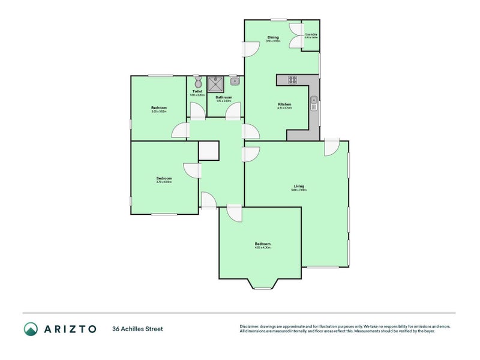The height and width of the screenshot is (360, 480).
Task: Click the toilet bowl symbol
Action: [x=197, y=83]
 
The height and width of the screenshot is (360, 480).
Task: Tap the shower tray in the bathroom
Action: [x=215, y=83]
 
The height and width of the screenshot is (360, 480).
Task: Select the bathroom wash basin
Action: [x=235, y=80]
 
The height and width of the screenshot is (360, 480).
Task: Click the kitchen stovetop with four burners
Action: [x=293, y=79]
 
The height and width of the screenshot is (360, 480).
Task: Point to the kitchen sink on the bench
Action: [x=313, y=103]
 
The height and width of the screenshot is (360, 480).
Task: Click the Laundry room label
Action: [x=311, y=34]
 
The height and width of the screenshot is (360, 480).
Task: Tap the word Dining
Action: [x=273, y=38]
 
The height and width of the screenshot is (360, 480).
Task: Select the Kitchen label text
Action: [x=284, y=104]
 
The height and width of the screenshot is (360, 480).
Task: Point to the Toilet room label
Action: [x=197, y=91]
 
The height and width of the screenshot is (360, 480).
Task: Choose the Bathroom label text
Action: [x=224, y=97]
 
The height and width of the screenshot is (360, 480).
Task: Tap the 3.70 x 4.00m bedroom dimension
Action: [x=164, y=182]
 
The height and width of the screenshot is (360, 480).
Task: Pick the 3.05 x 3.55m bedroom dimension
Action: [x=158, y=112]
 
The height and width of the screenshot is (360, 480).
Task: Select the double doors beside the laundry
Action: [x=295, y=36]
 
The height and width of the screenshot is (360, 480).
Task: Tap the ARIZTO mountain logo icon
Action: [x=31, y=328]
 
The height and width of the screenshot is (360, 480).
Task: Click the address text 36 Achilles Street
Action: [x=137, y=329]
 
